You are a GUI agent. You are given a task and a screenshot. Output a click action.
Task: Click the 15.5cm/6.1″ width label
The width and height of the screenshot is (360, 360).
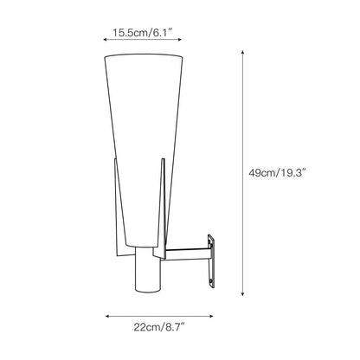coord(142,34)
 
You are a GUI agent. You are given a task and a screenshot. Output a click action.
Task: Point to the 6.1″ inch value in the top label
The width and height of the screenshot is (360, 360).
coord(162,34)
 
